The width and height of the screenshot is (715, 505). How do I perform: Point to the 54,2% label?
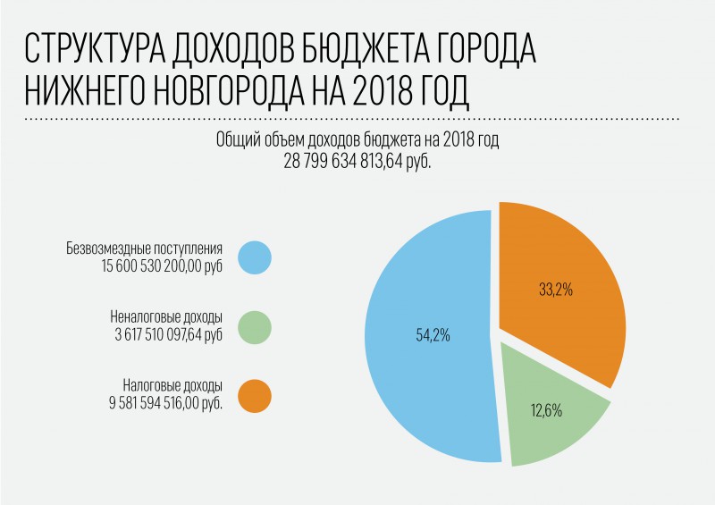tap(433, 336)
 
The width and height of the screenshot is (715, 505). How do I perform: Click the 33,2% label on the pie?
tap(555, 290)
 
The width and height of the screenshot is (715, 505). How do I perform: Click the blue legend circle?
tap(255, 257)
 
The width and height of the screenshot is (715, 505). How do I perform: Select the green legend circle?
tap(255, 326)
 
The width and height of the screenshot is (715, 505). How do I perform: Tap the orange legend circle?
tap(255, 395)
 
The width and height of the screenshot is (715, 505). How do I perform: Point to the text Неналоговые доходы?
tap(165, 318)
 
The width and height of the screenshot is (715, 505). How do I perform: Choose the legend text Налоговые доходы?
tap(172, 386)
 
